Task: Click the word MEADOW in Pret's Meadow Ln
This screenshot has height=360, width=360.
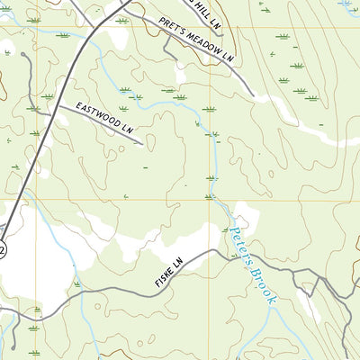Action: click(206, 44)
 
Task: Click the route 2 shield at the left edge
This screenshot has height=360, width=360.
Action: click(3, 248)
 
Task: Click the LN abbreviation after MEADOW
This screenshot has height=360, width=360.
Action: click(229, 58)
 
